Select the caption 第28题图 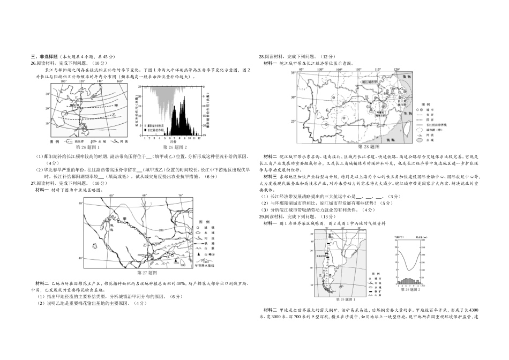click(x=369, y=146)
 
